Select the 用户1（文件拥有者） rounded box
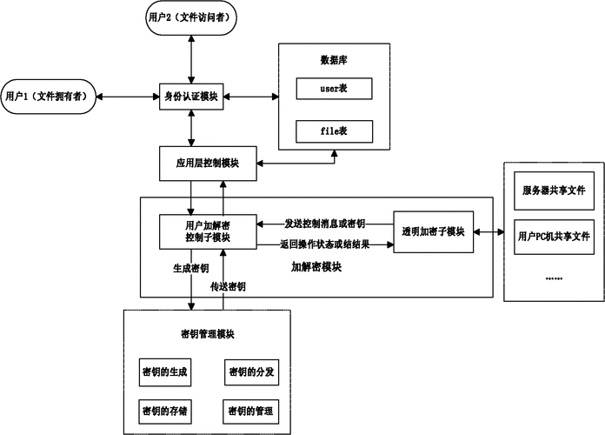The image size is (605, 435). coord(49,96)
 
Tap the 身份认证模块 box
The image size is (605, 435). coord(191,96)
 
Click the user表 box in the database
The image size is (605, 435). coord(334,88)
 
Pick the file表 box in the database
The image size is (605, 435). coord(334,131)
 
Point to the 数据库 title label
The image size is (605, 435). coord(335,60)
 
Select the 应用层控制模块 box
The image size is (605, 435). coord(206,164)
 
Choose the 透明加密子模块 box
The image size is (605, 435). coord(433,231)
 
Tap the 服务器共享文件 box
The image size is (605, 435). coord(554,191)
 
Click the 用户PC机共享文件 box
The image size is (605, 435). coord(554,236)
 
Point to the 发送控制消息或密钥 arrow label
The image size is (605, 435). coord(327,223)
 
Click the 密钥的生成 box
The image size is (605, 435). coord(165,371)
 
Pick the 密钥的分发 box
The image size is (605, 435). coord(252,371)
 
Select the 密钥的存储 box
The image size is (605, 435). coord(165,410)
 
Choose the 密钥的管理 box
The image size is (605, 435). coord(252,410)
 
